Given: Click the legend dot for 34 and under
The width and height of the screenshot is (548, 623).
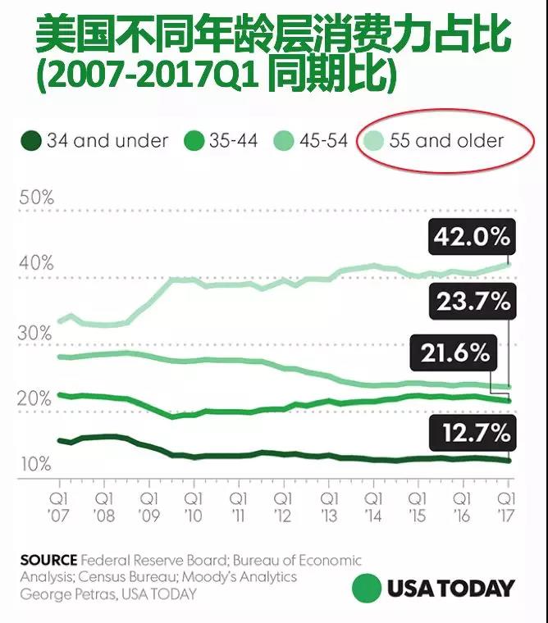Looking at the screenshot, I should point(30,141).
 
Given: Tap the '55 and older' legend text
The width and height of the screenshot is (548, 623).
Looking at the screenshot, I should point(446,141).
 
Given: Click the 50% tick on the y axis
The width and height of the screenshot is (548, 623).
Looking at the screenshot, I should point(36,198).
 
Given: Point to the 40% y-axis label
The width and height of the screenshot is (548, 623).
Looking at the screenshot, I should point(36,264).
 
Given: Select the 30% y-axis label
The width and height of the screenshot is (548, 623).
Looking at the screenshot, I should point(36,334).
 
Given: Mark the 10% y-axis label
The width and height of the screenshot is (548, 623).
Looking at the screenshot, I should point(36,465).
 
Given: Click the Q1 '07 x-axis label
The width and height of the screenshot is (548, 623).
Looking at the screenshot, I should point(60,506).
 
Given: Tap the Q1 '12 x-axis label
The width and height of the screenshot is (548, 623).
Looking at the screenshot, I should point(283,506).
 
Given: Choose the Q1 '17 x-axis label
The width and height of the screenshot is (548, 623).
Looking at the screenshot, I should point(506,506).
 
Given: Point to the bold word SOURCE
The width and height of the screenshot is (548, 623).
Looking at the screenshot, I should point(48,561).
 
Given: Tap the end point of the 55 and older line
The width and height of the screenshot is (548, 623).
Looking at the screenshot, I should point(509,264).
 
